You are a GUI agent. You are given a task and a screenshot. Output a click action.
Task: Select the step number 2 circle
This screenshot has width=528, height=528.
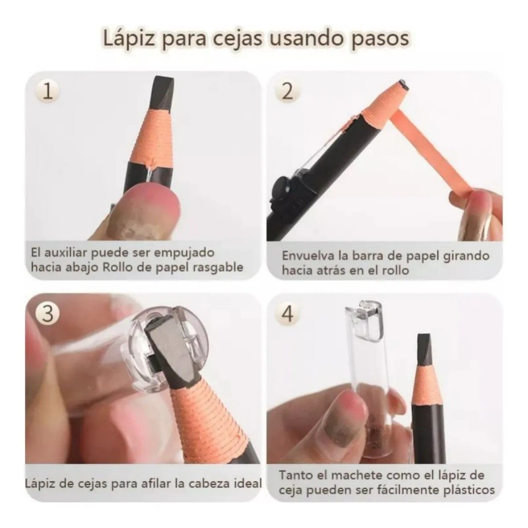click(286, 91)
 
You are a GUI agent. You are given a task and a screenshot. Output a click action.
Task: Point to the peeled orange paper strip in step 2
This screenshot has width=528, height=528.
click(436, 152)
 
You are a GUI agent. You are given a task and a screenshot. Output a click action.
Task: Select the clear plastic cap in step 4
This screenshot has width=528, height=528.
click(365, 370)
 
